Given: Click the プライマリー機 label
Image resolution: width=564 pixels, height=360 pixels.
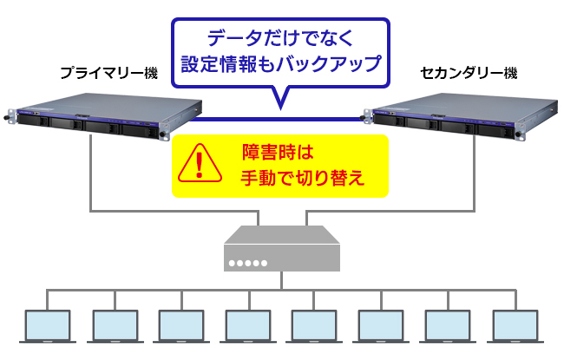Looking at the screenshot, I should (x=108, y=73).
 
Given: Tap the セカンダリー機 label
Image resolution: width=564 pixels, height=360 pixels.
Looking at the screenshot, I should (x=468, y=73).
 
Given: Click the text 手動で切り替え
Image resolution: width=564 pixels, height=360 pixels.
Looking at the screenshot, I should (x=300, y=179).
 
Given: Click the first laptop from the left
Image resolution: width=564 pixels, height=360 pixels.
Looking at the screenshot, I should (x=49, y=325).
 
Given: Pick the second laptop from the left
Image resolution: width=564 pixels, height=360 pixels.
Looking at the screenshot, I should (x=115, y=325).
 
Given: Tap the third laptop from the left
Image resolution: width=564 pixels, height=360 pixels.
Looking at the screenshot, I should (x=182, y=325).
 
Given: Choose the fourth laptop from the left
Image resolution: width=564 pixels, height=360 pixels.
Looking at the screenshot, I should (x=249, y=325).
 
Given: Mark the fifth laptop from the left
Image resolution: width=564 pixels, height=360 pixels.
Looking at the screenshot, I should (x=315, y=325).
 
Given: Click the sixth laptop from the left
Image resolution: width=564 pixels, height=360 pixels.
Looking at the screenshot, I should (x=382, y=325).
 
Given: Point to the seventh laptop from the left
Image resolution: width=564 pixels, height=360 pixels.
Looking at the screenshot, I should (x=449, y=325).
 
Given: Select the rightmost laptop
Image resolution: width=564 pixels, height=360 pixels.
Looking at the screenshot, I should (x=515, y=325).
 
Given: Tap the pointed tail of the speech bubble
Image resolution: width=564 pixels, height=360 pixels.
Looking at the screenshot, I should (x=280, y=101).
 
